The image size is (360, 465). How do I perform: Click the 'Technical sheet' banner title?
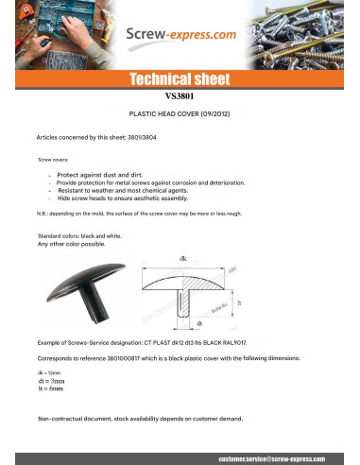(180, 80)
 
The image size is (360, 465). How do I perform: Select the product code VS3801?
(180, 95)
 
